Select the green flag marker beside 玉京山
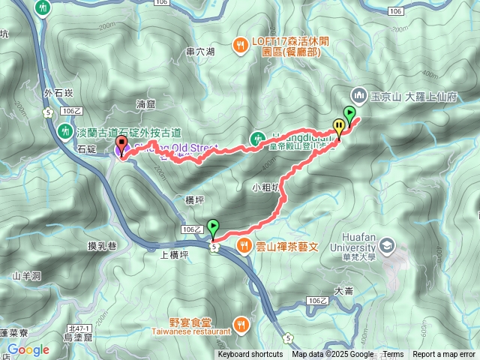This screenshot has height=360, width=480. [x=349, y=114]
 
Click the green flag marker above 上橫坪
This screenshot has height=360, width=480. [x=214, y=226]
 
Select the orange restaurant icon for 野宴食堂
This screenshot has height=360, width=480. [x=241, y=325]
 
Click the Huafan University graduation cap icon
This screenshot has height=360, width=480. [x=386, y=245]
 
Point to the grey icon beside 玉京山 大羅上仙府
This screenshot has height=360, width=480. [x=358, y=96]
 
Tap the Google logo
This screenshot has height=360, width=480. [x=28, y=349]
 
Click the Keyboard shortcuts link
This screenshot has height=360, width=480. [x=250, y=355]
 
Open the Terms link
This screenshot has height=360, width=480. [x=393, y=355]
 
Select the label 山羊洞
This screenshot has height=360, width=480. [x=26, y=275]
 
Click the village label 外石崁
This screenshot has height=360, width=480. [x=58, y=93]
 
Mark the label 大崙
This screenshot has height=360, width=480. [x=343, y=290]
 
